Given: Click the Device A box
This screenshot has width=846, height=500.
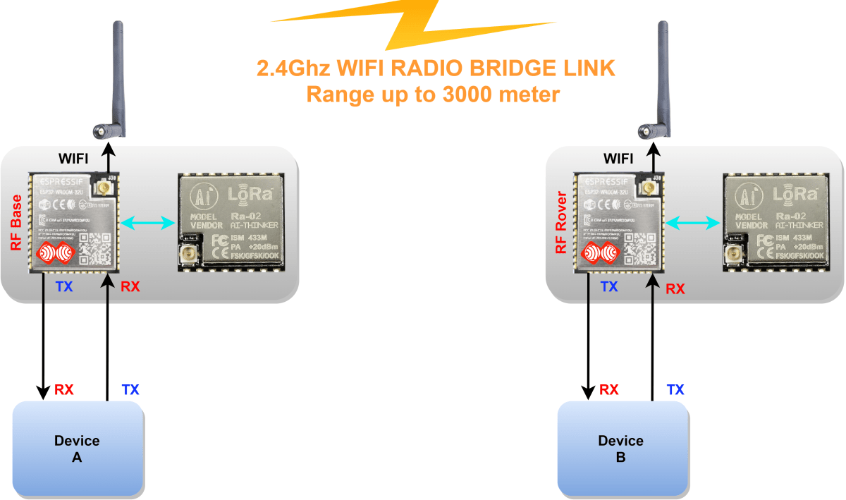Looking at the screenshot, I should click(x=77, y=449).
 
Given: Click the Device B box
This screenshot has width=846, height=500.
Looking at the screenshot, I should click(x=620, y=449).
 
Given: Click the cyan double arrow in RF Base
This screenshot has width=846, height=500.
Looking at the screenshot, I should click(x=148, y=224).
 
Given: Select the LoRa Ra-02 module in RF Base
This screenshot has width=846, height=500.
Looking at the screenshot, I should click(x=231, y=222).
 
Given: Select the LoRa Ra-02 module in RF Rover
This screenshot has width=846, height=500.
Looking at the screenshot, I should click(x=776, y=222).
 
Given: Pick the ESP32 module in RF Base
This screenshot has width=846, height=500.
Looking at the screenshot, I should click(x=73, y=222).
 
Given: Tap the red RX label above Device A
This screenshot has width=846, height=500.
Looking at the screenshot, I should click(x=63, y=389).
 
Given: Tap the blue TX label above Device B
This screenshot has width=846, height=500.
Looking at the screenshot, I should click(x=675, y=389).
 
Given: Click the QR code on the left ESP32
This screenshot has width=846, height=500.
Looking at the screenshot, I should click(x=93, y=248).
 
